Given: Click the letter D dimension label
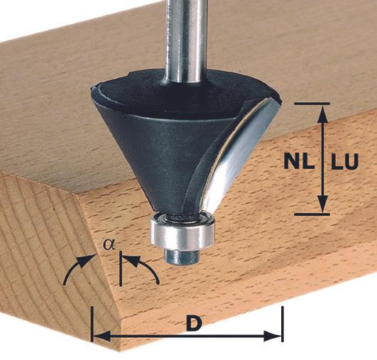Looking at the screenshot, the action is pos(194,323).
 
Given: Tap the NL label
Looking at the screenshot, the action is pos(299,161).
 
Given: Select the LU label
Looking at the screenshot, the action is pos(344,161).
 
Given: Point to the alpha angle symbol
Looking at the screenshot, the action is pos(109,244).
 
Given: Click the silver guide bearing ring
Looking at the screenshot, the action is pos(182,231).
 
